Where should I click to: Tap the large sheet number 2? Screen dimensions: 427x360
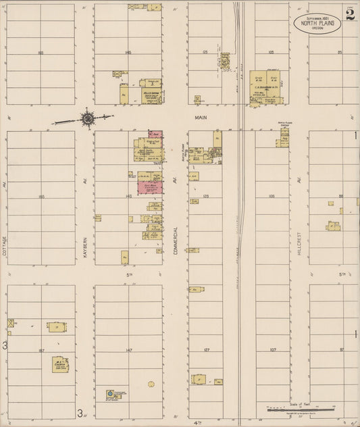coord(350,14)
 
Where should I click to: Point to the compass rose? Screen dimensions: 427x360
coord(88,120)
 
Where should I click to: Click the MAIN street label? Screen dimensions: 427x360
coord(200,117)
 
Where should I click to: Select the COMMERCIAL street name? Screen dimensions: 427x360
coord(175,241)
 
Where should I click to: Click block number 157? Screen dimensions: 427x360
coord(41,350)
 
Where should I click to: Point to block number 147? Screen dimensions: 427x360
coord(128,350)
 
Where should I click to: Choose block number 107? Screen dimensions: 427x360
coord(272,350)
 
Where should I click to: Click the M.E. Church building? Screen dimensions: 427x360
coord(61,365)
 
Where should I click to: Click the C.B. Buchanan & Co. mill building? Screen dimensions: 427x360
coord(266,88)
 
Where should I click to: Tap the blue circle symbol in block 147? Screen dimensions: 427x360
coord(110,393)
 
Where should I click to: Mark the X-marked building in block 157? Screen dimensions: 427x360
coord(10,323)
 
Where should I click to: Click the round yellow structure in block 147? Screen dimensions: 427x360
coord(151,384)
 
